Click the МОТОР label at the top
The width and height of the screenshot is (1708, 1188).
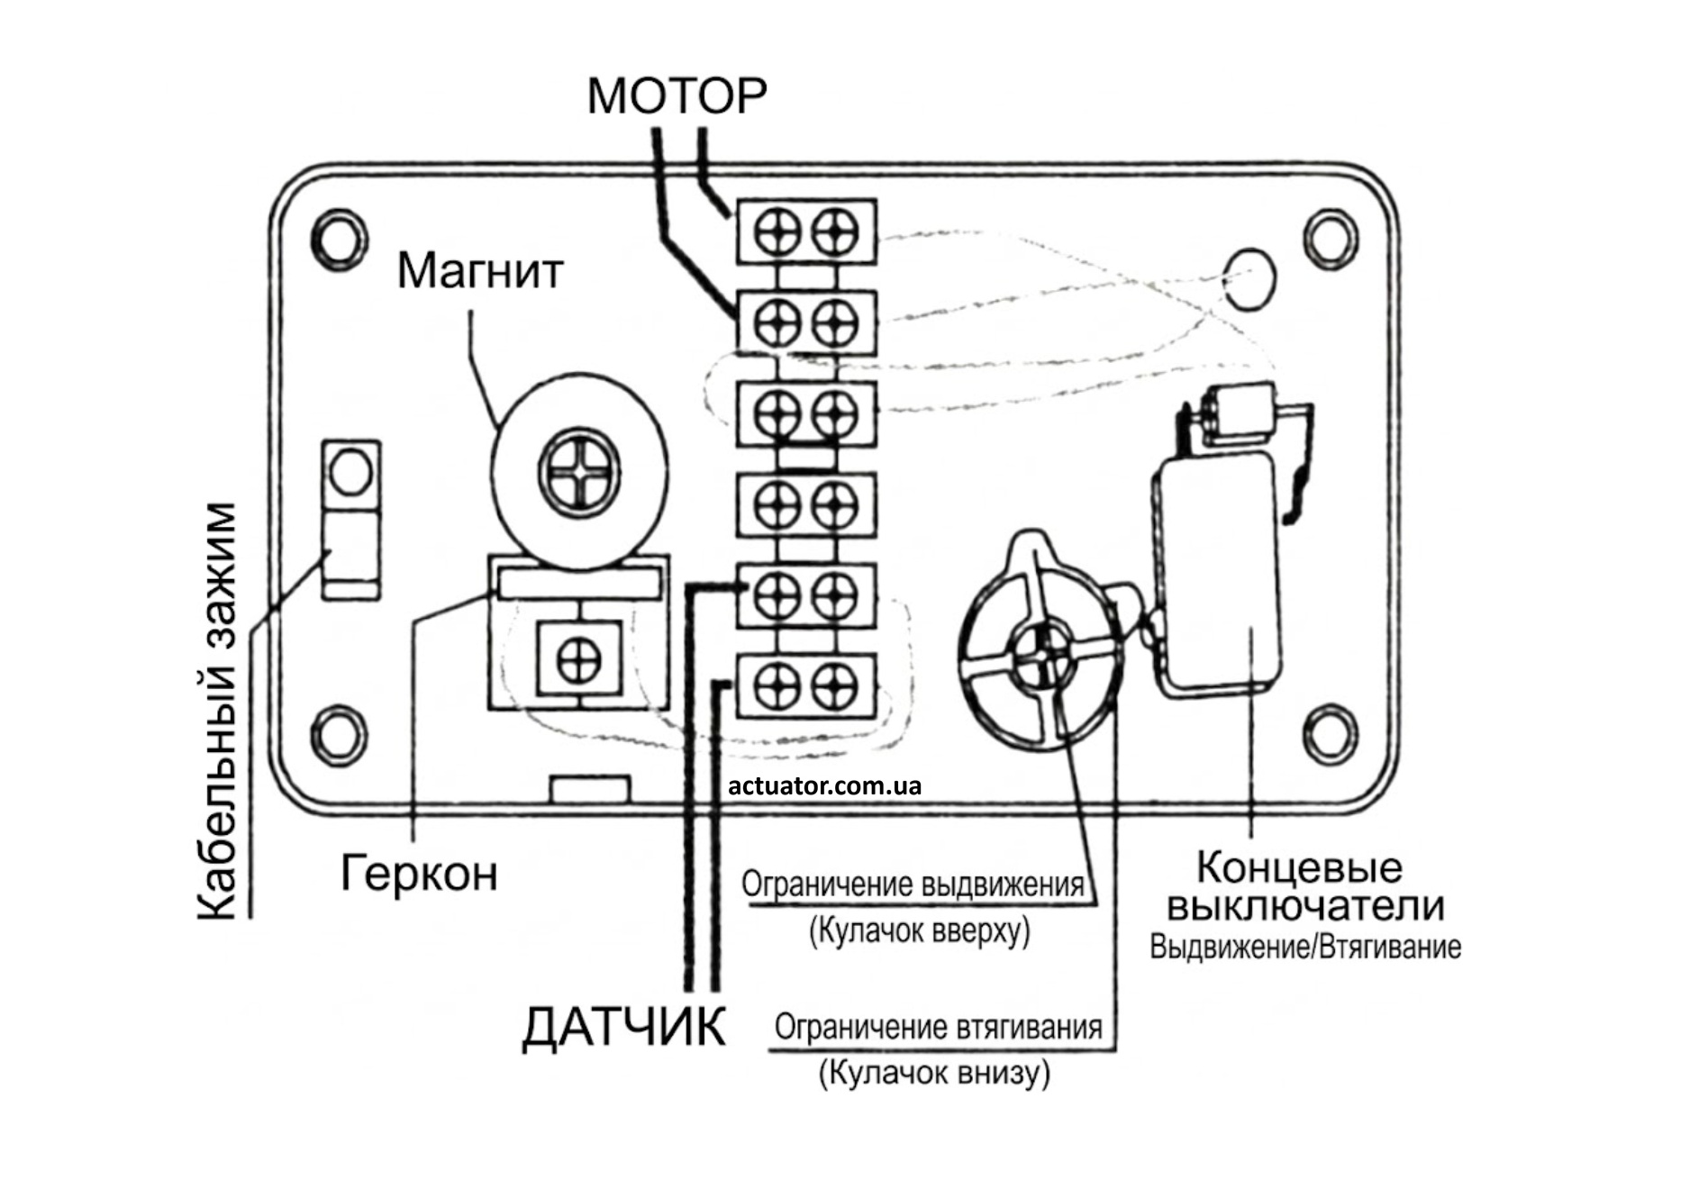point(677,95)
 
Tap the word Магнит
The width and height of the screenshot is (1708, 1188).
point(480,269)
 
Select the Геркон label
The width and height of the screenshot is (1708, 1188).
point(419,872)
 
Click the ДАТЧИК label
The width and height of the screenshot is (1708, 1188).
point(623,1026)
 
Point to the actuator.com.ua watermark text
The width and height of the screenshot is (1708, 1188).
point(824,785)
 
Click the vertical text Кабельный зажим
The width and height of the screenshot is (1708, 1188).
point(219,712)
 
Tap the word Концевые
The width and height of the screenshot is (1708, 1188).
point(1299,867)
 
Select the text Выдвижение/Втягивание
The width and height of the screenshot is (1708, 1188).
point(1305,948)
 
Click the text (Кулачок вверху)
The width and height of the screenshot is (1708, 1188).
point(919,930)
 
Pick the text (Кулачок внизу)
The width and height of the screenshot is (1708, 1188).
point(934,1073)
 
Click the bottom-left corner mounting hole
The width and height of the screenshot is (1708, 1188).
point(339,733)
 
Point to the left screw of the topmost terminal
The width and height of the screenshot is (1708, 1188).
point(777,231)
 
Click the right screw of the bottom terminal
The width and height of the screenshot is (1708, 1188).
point(835,686)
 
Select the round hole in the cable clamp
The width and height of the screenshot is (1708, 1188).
point(350,472)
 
